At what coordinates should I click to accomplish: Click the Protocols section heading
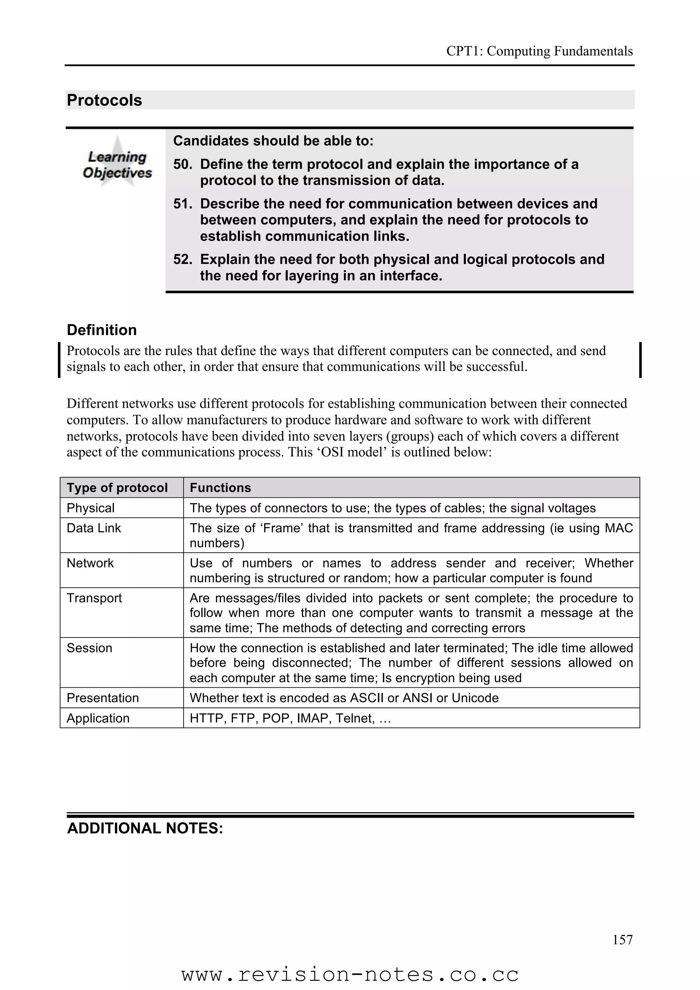(104, 100)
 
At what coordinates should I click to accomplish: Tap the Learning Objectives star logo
(117, 164)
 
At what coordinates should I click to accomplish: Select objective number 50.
(183, 164)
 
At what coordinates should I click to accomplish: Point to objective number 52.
(183, 259)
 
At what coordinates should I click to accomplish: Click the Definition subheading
(102, 330)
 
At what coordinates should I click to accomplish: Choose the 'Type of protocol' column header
(117, 488)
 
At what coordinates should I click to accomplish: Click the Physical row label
(91, 508)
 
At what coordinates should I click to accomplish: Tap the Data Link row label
(94, 528)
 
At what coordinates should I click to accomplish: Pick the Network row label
(90, 563)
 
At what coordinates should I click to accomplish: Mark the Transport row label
(94, 598)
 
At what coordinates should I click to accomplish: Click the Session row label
(89, 648)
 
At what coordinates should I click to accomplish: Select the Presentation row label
(103, 698)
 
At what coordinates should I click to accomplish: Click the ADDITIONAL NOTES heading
(145, 828)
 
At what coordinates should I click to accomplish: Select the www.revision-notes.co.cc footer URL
(350, 975)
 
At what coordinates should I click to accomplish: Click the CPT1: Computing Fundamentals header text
(539, 51)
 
